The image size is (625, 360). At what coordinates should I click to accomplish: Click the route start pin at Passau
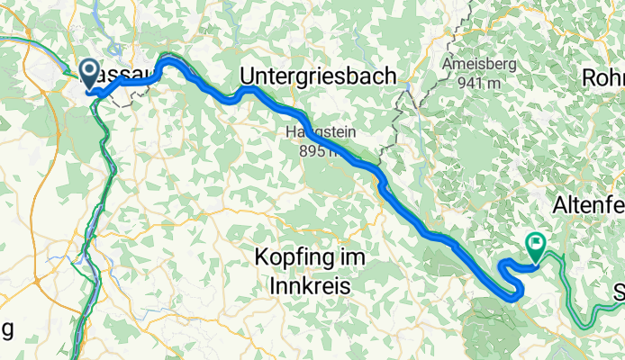click(90, 72)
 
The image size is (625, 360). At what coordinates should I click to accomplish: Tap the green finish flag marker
click(537, 242)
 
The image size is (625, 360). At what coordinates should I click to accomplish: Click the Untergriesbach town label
click(317, 77)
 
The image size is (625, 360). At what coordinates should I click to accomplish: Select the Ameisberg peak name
click(485, 65)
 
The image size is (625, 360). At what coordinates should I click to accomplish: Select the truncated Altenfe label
click(591, 203)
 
